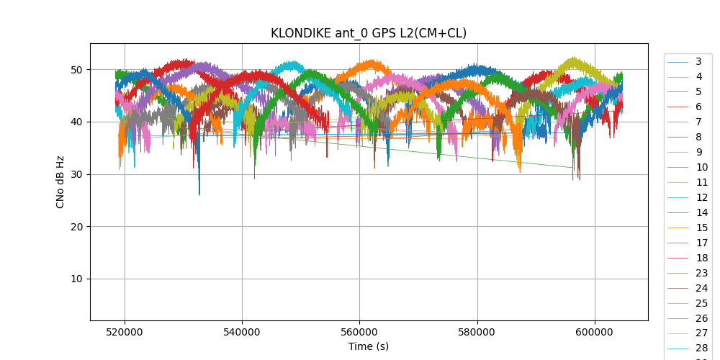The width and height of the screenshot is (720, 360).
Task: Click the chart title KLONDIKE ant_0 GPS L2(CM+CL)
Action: [369, 33]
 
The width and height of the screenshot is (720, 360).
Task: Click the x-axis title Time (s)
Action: [369, 346]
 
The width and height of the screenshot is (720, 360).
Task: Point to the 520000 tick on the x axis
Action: [125, 333]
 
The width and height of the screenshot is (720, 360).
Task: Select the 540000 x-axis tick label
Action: [242, 333]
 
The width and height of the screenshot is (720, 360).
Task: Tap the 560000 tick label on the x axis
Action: [359, 333]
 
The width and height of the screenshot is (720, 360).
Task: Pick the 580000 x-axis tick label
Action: [477, 333]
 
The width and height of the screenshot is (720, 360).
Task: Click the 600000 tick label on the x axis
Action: [595, 333]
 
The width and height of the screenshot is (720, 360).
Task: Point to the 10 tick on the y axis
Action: [75, 279]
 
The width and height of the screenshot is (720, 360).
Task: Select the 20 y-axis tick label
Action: [75, 227]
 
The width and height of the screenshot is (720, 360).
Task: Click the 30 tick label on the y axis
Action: [75, 174]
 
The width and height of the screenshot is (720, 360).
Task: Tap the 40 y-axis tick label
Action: [75, 122]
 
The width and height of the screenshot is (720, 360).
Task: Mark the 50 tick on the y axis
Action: [75, 70]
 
